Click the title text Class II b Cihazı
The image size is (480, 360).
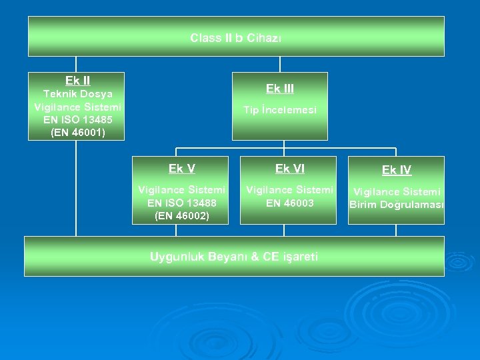[x=236, y=38]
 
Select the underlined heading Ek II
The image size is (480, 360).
[x=77, y=81]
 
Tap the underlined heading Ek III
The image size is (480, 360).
[x=280, y=89]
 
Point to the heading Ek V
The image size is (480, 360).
[x=181, y=169]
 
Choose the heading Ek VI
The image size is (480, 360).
[x=289, y=169]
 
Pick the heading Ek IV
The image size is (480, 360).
[x=397, y=170]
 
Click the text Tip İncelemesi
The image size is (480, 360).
[x=280, y=110]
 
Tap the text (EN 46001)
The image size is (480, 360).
[x=77, y=133]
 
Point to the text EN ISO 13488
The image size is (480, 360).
[x=181, y=203]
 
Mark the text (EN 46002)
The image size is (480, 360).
[x=181, y=216]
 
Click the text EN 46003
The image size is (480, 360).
[x=289, y=203]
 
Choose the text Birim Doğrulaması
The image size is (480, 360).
[x=397, y=205]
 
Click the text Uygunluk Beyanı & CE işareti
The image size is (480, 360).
[x=234, y=256]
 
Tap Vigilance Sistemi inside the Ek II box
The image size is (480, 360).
[x=77, y=107]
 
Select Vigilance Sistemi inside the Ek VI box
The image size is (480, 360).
[x=289, y=191]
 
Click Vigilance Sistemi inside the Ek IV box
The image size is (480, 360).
[x=397, y=192]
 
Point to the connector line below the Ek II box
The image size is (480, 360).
[x=76, y=187]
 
